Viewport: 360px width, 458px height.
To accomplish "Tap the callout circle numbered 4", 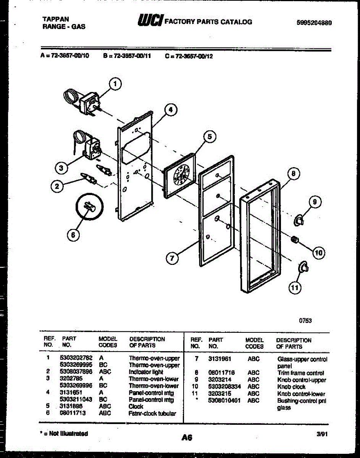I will [x=171, y=110].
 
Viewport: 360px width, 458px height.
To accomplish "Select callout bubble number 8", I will [x=293, y=174].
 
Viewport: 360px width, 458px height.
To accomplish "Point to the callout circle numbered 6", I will [x=74, y=235].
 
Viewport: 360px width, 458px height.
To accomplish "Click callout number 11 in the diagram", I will [x=294, y=288].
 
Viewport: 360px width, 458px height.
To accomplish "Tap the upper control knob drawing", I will [x=299, y=220].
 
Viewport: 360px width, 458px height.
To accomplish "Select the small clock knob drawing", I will [x=294, y=240].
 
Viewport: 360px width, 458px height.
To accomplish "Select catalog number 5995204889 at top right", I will [x=314, y=23].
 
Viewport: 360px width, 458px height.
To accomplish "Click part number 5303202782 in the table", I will [x=76, y=358].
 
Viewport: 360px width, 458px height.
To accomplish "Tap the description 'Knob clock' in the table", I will [x=291, y=387].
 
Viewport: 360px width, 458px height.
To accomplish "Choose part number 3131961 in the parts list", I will [x=220, y=359].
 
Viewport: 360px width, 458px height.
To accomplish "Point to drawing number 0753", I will [x=305, y=321].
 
